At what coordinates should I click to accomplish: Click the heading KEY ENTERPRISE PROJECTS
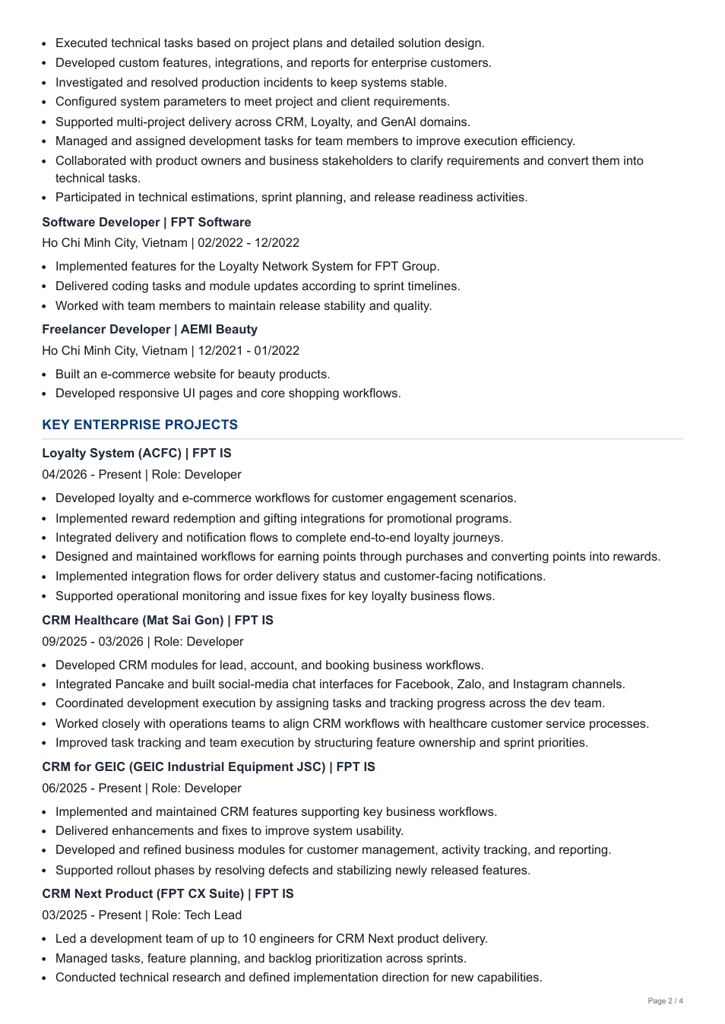point(140,425)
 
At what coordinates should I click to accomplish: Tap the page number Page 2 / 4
point(665,1001)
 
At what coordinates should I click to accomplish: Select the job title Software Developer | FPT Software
point(147,222)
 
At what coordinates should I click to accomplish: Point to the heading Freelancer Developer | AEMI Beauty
point(150,329)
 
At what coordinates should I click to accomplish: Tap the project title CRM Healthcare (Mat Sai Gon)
point(133,621)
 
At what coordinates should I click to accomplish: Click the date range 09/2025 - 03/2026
point(93,642)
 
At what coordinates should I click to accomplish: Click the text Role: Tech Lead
point(197,915)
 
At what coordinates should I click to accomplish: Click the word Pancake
point(141,684)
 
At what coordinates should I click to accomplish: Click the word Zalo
point(470,684)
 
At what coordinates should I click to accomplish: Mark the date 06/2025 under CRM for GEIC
point(65,789)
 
